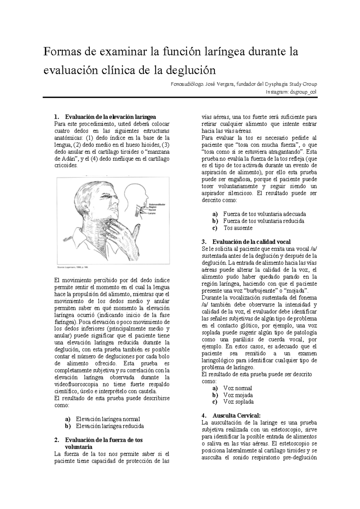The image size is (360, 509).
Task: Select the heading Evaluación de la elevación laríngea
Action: (x=110, y=117)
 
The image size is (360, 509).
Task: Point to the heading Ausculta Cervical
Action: (x=236, y=415)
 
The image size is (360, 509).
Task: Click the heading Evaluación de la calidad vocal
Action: (x=251, y=242)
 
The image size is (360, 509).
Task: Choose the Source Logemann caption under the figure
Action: (x=73, y=266)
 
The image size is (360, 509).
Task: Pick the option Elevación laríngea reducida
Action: (x=110, y=426)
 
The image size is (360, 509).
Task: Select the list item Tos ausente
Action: (x=238, y=228)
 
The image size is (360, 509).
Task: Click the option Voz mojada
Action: (x=238, y=395)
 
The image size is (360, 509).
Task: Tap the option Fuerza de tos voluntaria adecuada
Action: (x=264, y=214)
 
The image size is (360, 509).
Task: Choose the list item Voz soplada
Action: (x=238, y=402)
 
